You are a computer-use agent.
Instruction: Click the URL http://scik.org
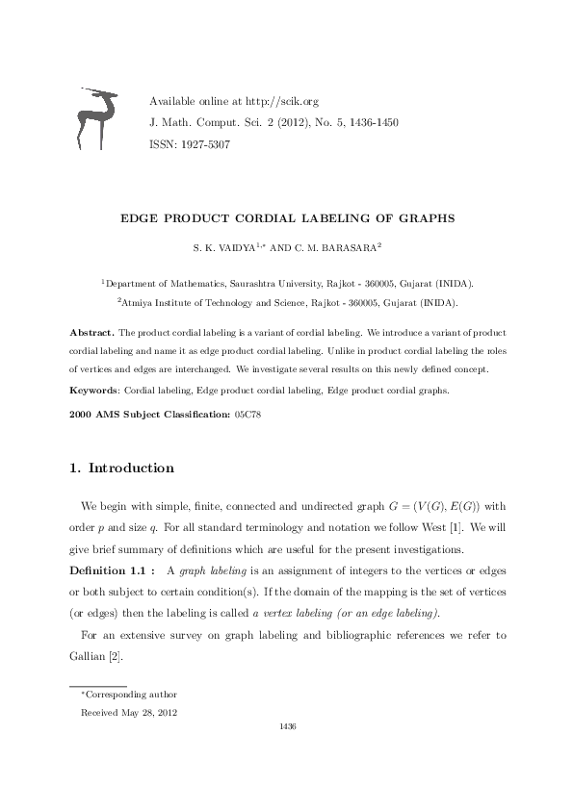281,101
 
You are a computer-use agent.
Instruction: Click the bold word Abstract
91,332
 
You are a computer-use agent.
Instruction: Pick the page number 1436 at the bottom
286,726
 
